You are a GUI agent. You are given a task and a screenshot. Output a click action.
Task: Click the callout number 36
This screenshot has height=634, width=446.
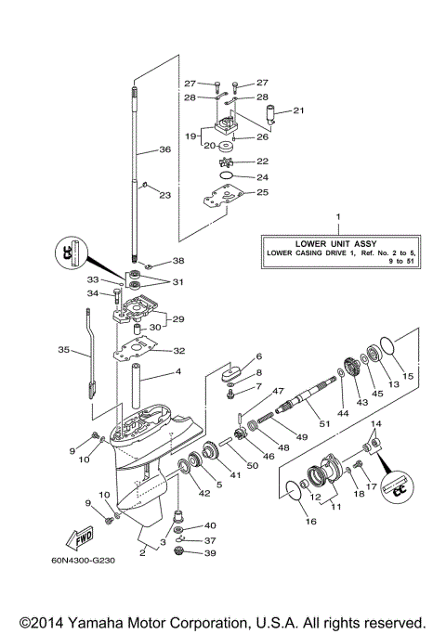point(164,149)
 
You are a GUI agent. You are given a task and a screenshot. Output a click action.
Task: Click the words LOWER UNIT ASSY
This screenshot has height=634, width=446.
point(338,243)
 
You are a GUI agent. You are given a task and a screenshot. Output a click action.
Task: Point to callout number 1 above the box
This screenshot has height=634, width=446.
point(338,219)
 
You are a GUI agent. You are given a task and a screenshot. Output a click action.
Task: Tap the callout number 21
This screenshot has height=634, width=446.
point(298,110)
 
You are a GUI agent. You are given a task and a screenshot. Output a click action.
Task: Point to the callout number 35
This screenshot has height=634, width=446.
point(63,350)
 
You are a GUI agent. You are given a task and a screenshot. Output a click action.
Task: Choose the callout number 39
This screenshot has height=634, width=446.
point(210,553)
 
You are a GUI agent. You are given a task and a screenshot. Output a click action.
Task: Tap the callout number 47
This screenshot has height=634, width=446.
point(253,392)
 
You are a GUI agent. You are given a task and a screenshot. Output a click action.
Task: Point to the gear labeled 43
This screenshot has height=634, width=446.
point(352,364)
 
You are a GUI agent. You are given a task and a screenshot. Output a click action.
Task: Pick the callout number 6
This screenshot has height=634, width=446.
point(259,356)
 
